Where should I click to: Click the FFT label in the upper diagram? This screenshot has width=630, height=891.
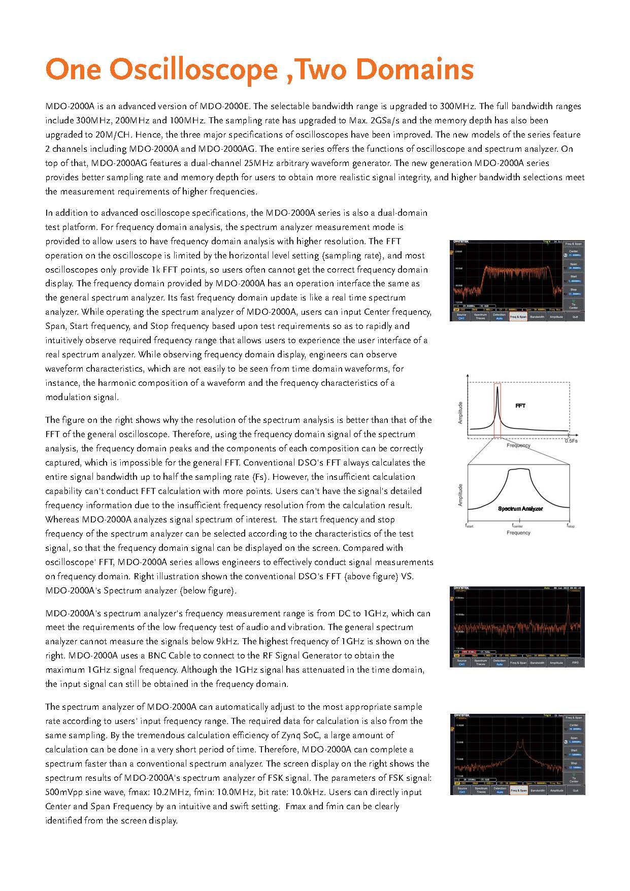tap(520, 406)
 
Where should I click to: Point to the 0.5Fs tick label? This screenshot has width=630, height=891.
tap(571, 441)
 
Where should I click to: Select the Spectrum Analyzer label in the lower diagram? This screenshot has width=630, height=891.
tap(520, 509)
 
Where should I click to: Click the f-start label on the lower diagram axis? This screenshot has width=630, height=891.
tap(470, 526)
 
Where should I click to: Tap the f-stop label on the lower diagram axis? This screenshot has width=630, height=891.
tap(571, 526)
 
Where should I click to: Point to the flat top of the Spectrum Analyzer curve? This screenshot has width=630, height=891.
tap(519, 470)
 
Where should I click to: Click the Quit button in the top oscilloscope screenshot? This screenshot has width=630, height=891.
tap(575, 316)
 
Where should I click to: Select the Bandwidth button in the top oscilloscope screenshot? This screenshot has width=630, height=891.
tap(537, 316)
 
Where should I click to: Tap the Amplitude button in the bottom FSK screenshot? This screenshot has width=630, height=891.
tap(556, 790)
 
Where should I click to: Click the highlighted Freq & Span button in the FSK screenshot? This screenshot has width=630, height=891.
tap(518, 790)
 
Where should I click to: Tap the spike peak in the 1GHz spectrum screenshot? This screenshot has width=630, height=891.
tap(567, 607)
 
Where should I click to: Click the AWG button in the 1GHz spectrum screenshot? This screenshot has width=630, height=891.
tap(575, 663)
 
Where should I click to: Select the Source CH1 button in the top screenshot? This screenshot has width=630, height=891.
tap(461, 316)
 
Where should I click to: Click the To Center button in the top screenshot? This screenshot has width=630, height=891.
tap(574, 305)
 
